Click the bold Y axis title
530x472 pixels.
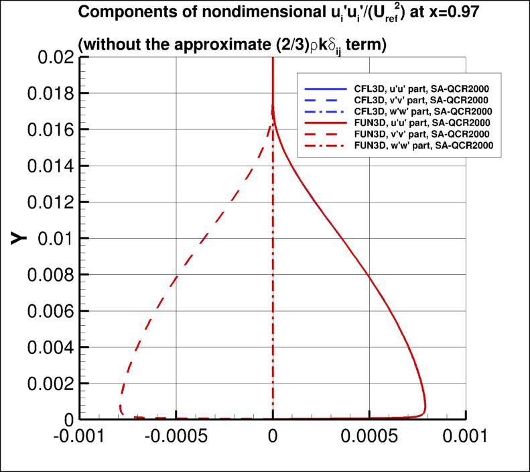(20, 239)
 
